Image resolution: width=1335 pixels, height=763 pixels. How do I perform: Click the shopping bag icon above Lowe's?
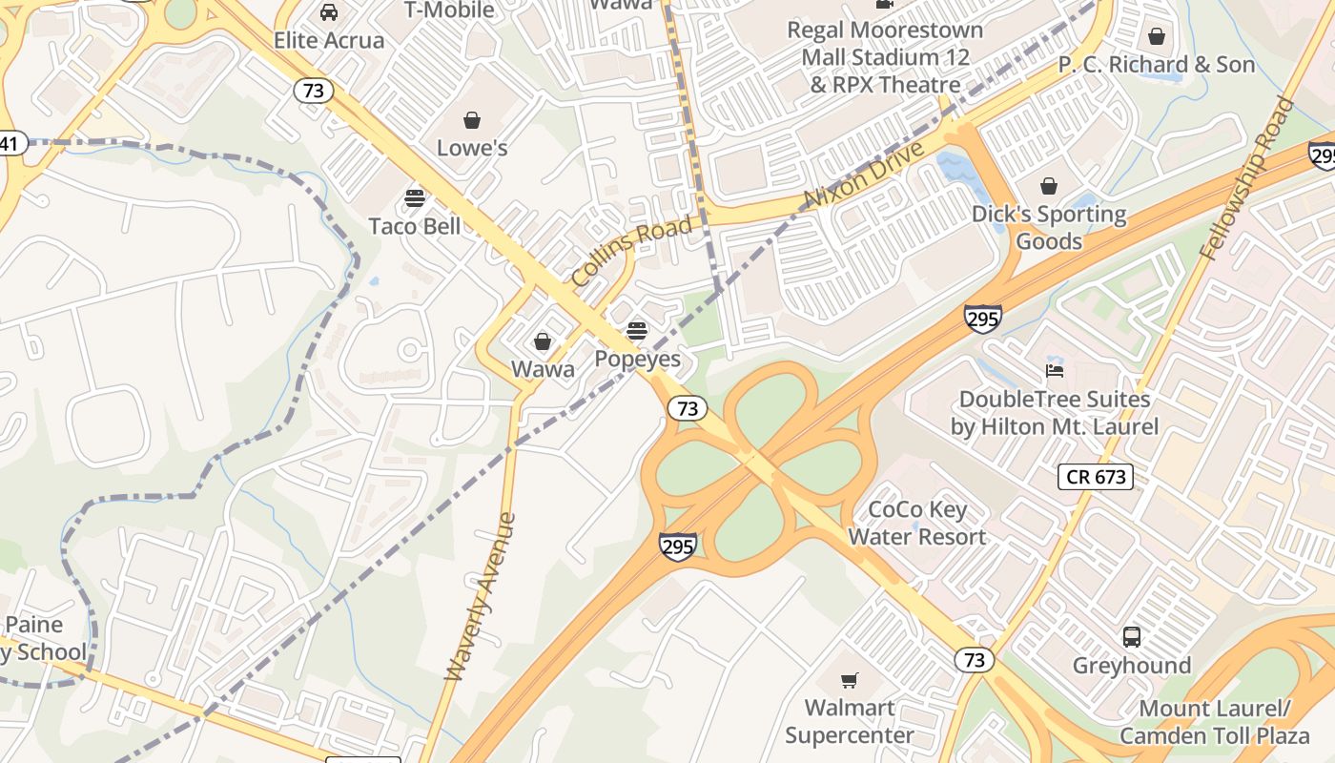tap(471, 120)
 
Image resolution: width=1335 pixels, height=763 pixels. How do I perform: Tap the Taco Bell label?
tap(415, 226)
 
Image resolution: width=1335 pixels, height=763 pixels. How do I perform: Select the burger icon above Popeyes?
tap(637, 331)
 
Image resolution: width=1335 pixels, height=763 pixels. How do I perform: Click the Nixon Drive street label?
tap(864, 175)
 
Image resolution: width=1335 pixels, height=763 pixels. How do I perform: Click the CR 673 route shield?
tap(1096, 476)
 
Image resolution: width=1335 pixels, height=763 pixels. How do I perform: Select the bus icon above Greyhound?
tap(1132, 636)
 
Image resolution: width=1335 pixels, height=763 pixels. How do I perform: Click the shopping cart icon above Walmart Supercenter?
tap(850, 680)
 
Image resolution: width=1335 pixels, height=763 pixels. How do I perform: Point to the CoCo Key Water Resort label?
tap(917, 524)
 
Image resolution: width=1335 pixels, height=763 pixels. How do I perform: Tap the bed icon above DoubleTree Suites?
tap(1055, 371)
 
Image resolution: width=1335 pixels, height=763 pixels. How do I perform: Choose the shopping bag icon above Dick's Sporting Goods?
tap(1049, 186)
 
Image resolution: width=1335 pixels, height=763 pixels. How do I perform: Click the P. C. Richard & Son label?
tap(1156, 65)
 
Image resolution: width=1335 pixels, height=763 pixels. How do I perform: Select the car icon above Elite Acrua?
tap(329, 12)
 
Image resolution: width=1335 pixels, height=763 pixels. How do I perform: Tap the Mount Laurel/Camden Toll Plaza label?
tap(1214, 722)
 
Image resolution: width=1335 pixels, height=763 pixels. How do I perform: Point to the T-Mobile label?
tap(449, 10)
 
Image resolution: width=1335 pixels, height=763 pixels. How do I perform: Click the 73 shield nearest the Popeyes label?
tap(687, 408)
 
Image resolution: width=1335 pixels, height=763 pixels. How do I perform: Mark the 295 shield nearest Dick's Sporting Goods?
tap(982, 318)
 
